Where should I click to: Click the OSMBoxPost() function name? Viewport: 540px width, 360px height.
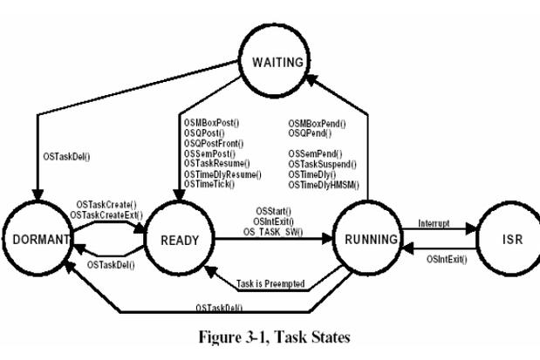(210, 125)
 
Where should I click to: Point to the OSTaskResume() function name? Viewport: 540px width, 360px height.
(215, 163)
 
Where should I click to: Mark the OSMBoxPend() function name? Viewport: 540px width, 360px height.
(317, 125)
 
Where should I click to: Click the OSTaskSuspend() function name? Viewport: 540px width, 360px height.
(321, 163)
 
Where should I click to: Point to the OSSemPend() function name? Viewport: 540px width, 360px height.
(314, 153)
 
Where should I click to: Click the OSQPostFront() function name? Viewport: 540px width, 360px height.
(213, 144)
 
